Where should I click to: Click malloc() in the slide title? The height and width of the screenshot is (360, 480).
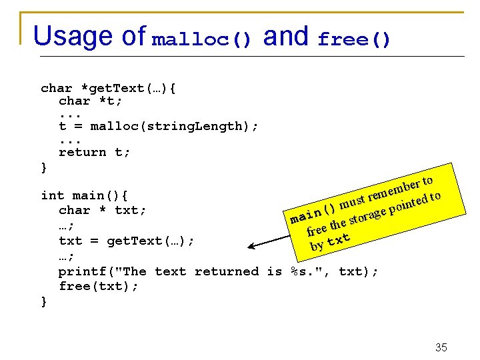[202, 40]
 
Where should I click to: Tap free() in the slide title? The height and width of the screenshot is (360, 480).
[354, 40]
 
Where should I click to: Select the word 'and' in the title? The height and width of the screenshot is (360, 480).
[285, 36]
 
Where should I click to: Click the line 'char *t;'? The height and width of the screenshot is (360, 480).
[90, 101]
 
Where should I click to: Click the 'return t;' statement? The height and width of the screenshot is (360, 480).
[95, 152]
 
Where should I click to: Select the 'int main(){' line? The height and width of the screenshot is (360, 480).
[84, 195]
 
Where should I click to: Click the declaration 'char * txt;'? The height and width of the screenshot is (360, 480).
[102, 210]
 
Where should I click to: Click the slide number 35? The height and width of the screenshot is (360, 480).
[441, 347]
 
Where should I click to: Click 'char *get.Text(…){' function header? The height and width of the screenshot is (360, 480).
[108, 88]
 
